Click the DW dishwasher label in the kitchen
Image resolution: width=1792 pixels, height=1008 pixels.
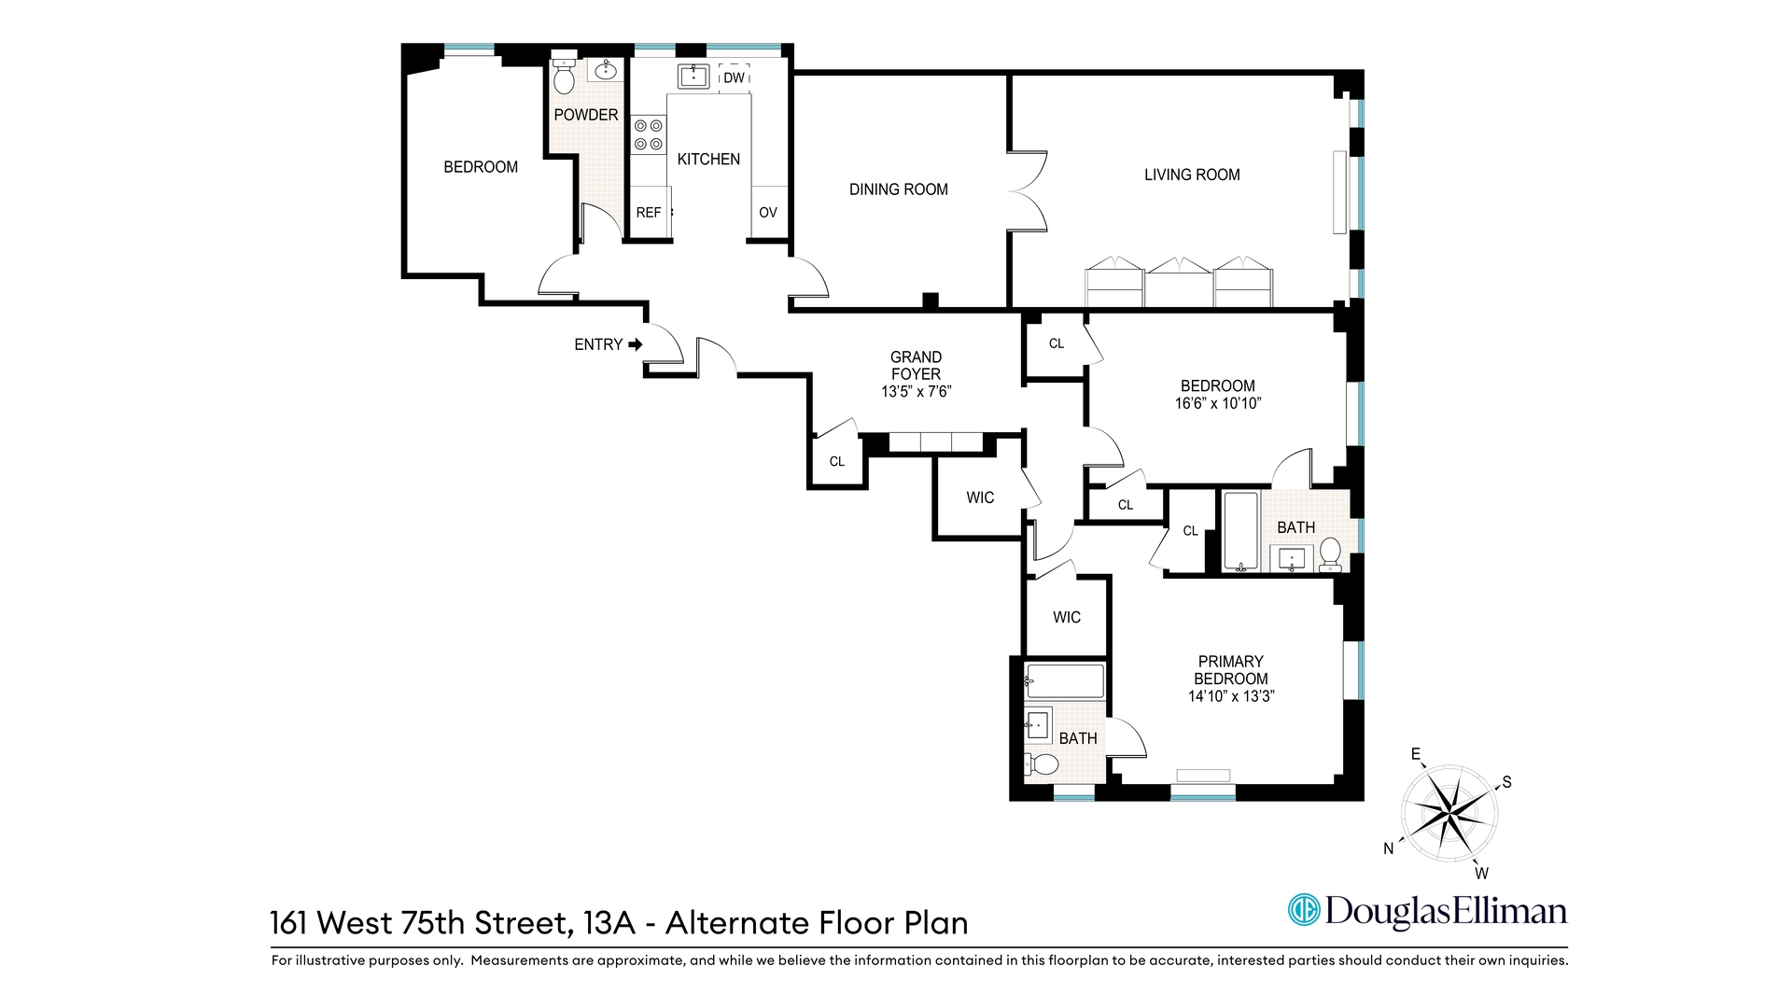click(x=735, y=78)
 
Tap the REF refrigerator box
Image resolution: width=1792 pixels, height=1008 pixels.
click(x=649, y=213)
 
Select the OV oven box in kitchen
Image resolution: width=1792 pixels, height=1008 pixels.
click(x=768, y=213)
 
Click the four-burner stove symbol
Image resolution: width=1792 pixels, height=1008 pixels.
click(x=649, y=134)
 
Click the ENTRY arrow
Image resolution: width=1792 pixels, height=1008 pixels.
click(x=636, y=344)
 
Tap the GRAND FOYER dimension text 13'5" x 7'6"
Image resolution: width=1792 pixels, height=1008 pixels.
click(x=916, y=392)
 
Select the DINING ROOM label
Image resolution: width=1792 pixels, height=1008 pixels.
click(x=898, y=189)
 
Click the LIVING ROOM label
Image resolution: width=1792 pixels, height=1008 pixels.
click(x=1192, y=175)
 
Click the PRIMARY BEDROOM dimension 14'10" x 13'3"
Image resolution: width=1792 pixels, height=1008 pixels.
click(x=1231, y=696)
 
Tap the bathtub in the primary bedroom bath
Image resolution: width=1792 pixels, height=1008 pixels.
click(x=1065, y=681)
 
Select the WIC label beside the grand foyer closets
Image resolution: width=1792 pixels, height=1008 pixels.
click(x=980, y=497)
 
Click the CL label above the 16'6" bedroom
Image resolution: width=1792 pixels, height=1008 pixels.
click(x=1056, y=343)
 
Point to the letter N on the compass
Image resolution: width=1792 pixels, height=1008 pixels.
click(x=1389, y=848)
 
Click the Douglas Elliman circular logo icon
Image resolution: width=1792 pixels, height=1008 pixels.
click(x=1303, y=910)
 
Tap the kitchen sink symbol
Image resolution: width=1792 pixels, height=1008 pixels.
click(x=693, y=76)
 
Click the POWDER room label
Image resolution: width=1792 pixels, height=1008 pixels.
click(x=586, y=115)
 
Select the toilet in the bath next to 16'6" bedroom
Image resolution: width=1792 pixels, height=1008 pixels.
click(x=1330, y=554)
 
